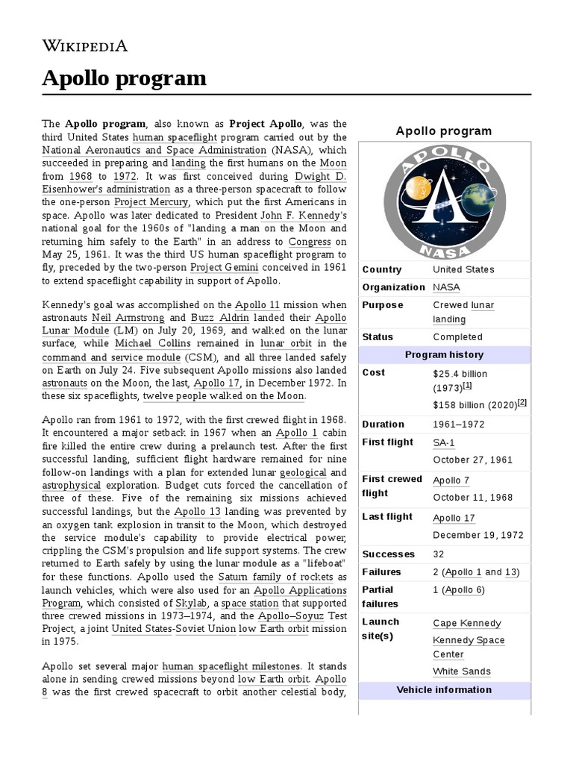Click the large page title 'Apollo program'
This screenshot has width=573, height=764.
point(124,78)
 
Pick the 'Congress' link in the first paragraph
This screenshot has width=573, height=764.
point(310,242)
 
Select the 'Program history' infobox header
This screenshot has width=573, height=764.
point(444,354)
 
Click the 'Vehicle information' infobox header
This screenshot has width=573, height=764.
point(444,689)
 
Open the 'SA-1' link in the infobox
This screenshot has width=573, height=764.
point(444,442)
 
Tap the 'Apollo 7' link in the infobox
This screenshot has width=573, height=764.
point(451,480)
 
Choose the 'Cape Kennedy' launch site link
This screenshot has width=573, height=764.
point(467,623)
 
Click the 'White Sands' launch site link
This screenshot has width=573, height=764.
point(462,671)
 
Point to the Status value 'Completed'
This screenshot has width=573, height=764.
point(457,336)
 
